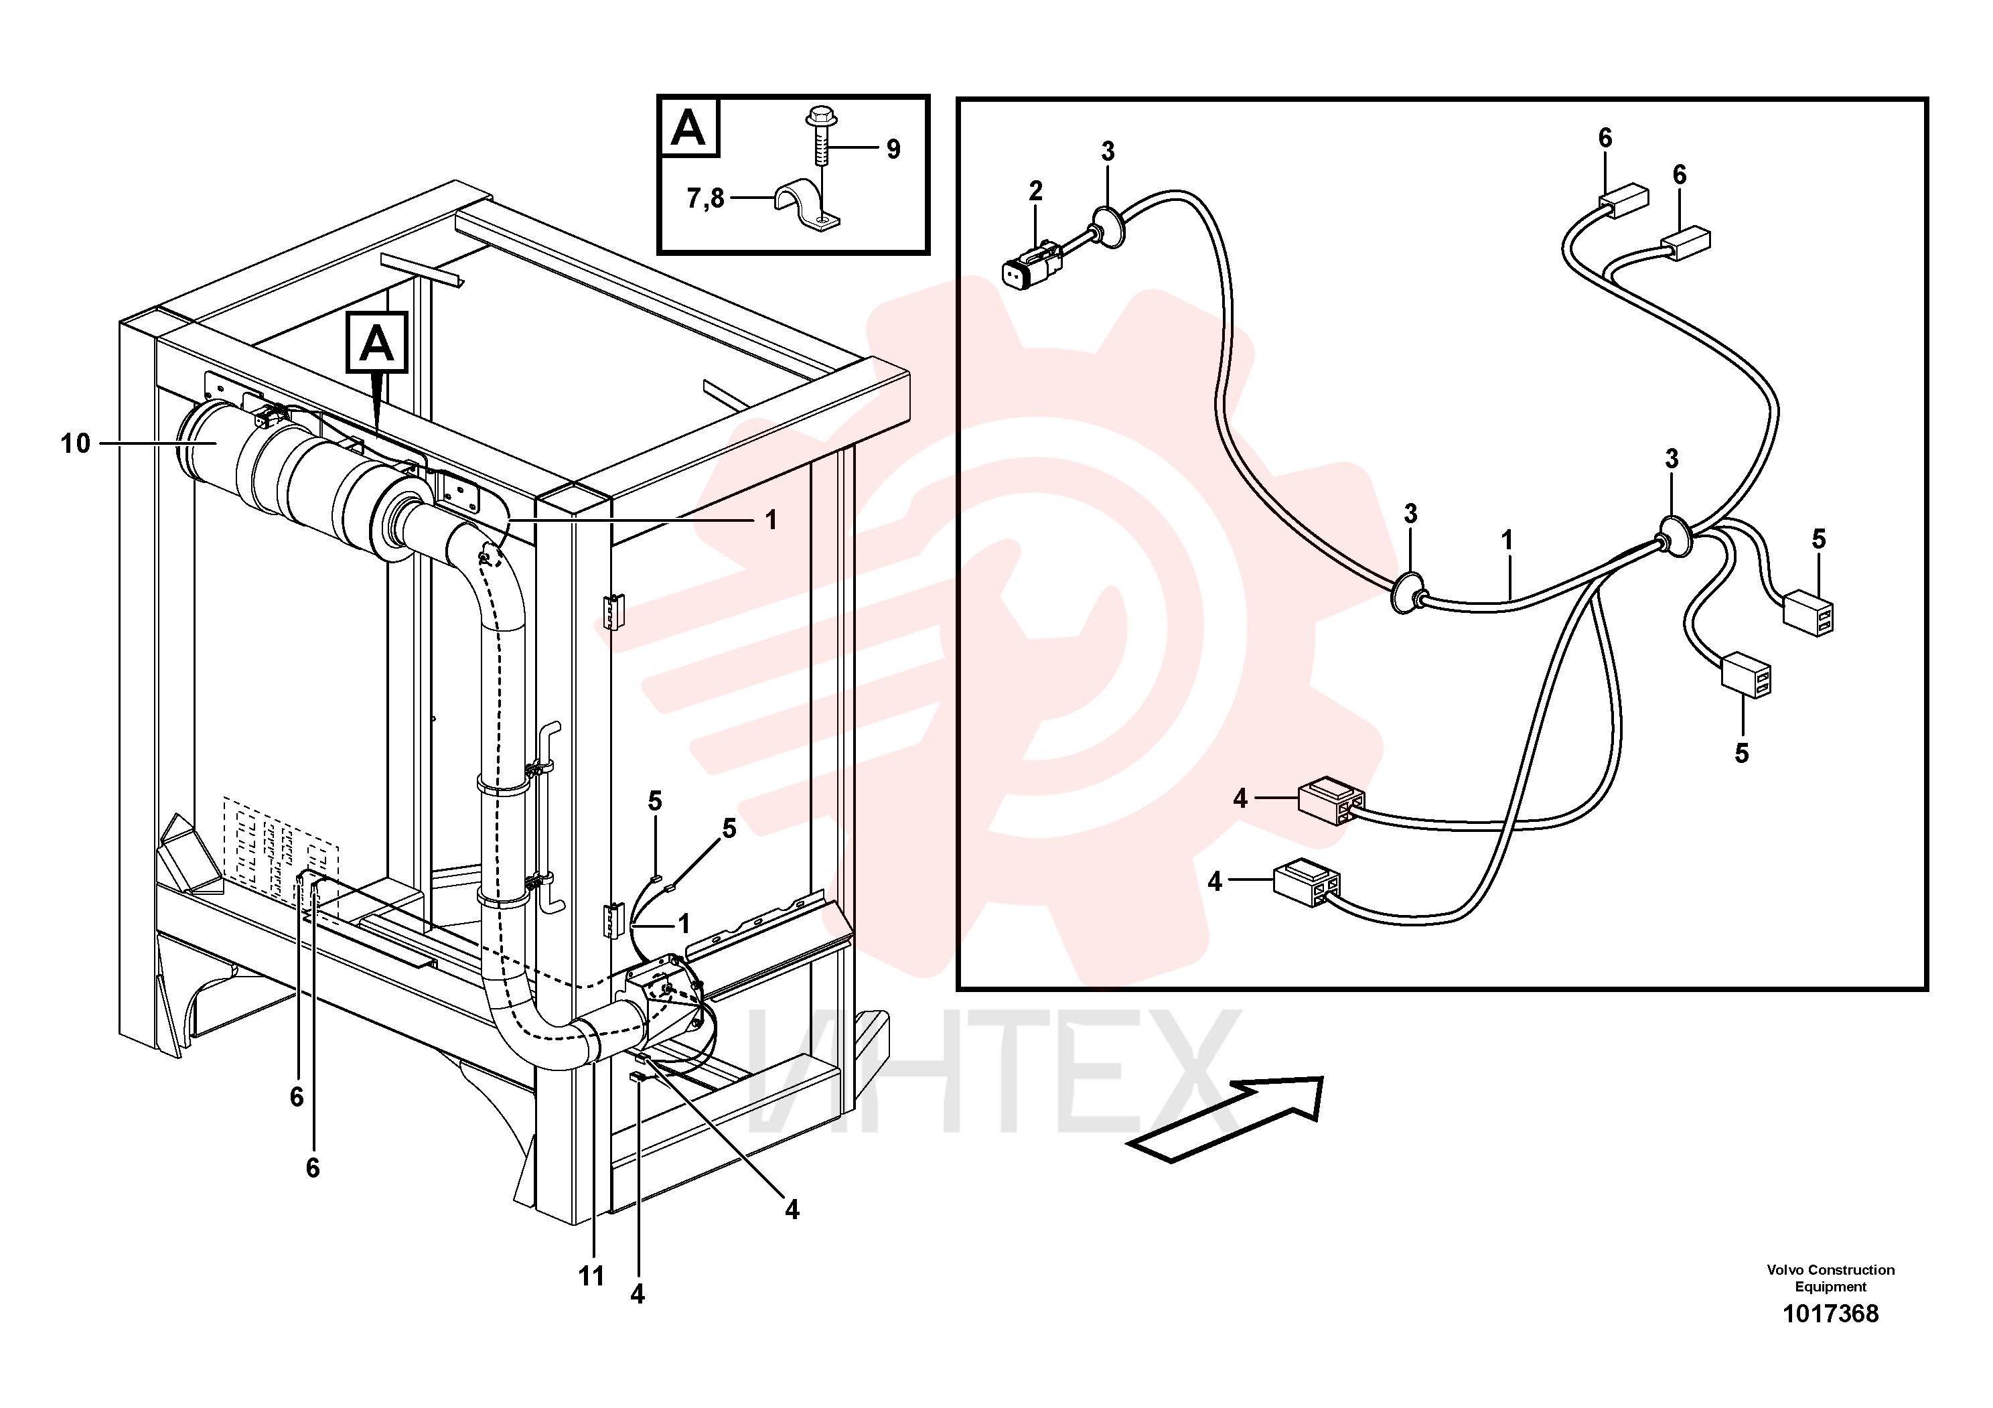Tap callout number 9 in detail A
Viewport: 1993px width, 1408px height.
(893, 149)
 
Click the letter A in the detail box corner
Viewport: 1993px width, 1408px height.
(689, 129)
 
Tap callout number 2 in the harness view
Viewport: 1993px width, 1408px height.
(1035, 190)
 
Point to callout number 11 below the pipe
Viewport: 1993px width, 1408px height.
(591, 1276)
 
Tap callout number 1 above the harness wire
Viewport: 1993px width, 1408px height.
(1507, 540)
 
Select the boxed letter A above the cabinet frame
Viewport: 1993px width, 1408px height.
(377, 342)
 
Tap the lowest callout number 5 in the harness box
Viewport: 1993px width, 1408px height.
(1741, 754)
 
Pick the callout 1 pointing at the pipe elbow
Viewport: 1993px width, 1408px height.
(771, 521)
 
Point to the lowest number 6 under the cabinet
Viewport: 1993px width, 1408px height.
(313, 1168)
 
